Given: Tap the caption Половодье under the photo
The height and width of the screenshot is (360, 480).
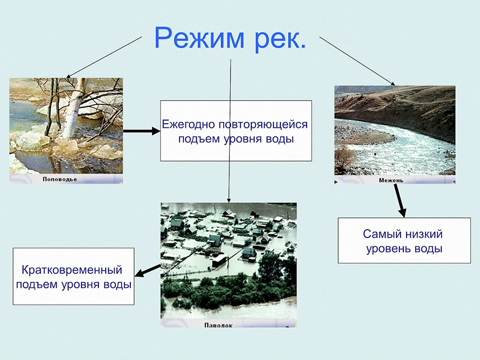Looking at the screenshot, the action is tap(60, 179).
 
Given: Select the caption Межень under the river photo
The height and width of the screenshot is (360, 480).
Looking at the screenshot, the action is tap(391, 180).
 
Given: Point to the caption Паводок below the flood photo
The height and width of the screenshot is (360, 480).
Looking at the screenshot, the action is tap(218, 325).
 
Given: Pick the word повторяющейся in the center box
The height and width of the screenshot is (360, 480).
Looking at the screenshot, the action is tap(263, 125).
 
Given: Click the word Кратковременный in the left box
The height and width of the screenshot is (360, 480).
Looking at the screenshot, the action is tap(72, 270).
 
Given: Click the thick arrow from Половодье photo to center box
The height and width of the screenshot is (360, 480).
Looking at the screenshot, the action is tap(142, 131).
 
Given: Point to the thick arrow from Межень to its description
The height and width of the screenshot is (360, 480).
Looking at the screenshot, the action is tap(400, 200).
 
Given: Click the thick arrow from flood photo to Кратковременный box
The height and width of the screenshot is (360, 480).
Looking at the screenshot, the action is tap(148, 271).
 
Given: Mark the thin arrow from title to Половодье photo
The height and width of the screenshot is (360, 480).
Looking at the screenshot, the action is tap(104, 58).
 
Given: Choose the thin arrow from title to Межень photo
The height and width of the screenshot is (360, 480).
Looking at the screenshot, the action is tap(357, 61).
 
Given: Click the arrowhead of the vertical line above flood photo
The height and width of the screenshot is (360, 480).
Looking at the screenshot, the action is tap(229, 200).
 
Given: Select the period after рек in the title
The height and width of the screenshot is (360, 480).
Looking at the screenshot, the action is tap(303, 46).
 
